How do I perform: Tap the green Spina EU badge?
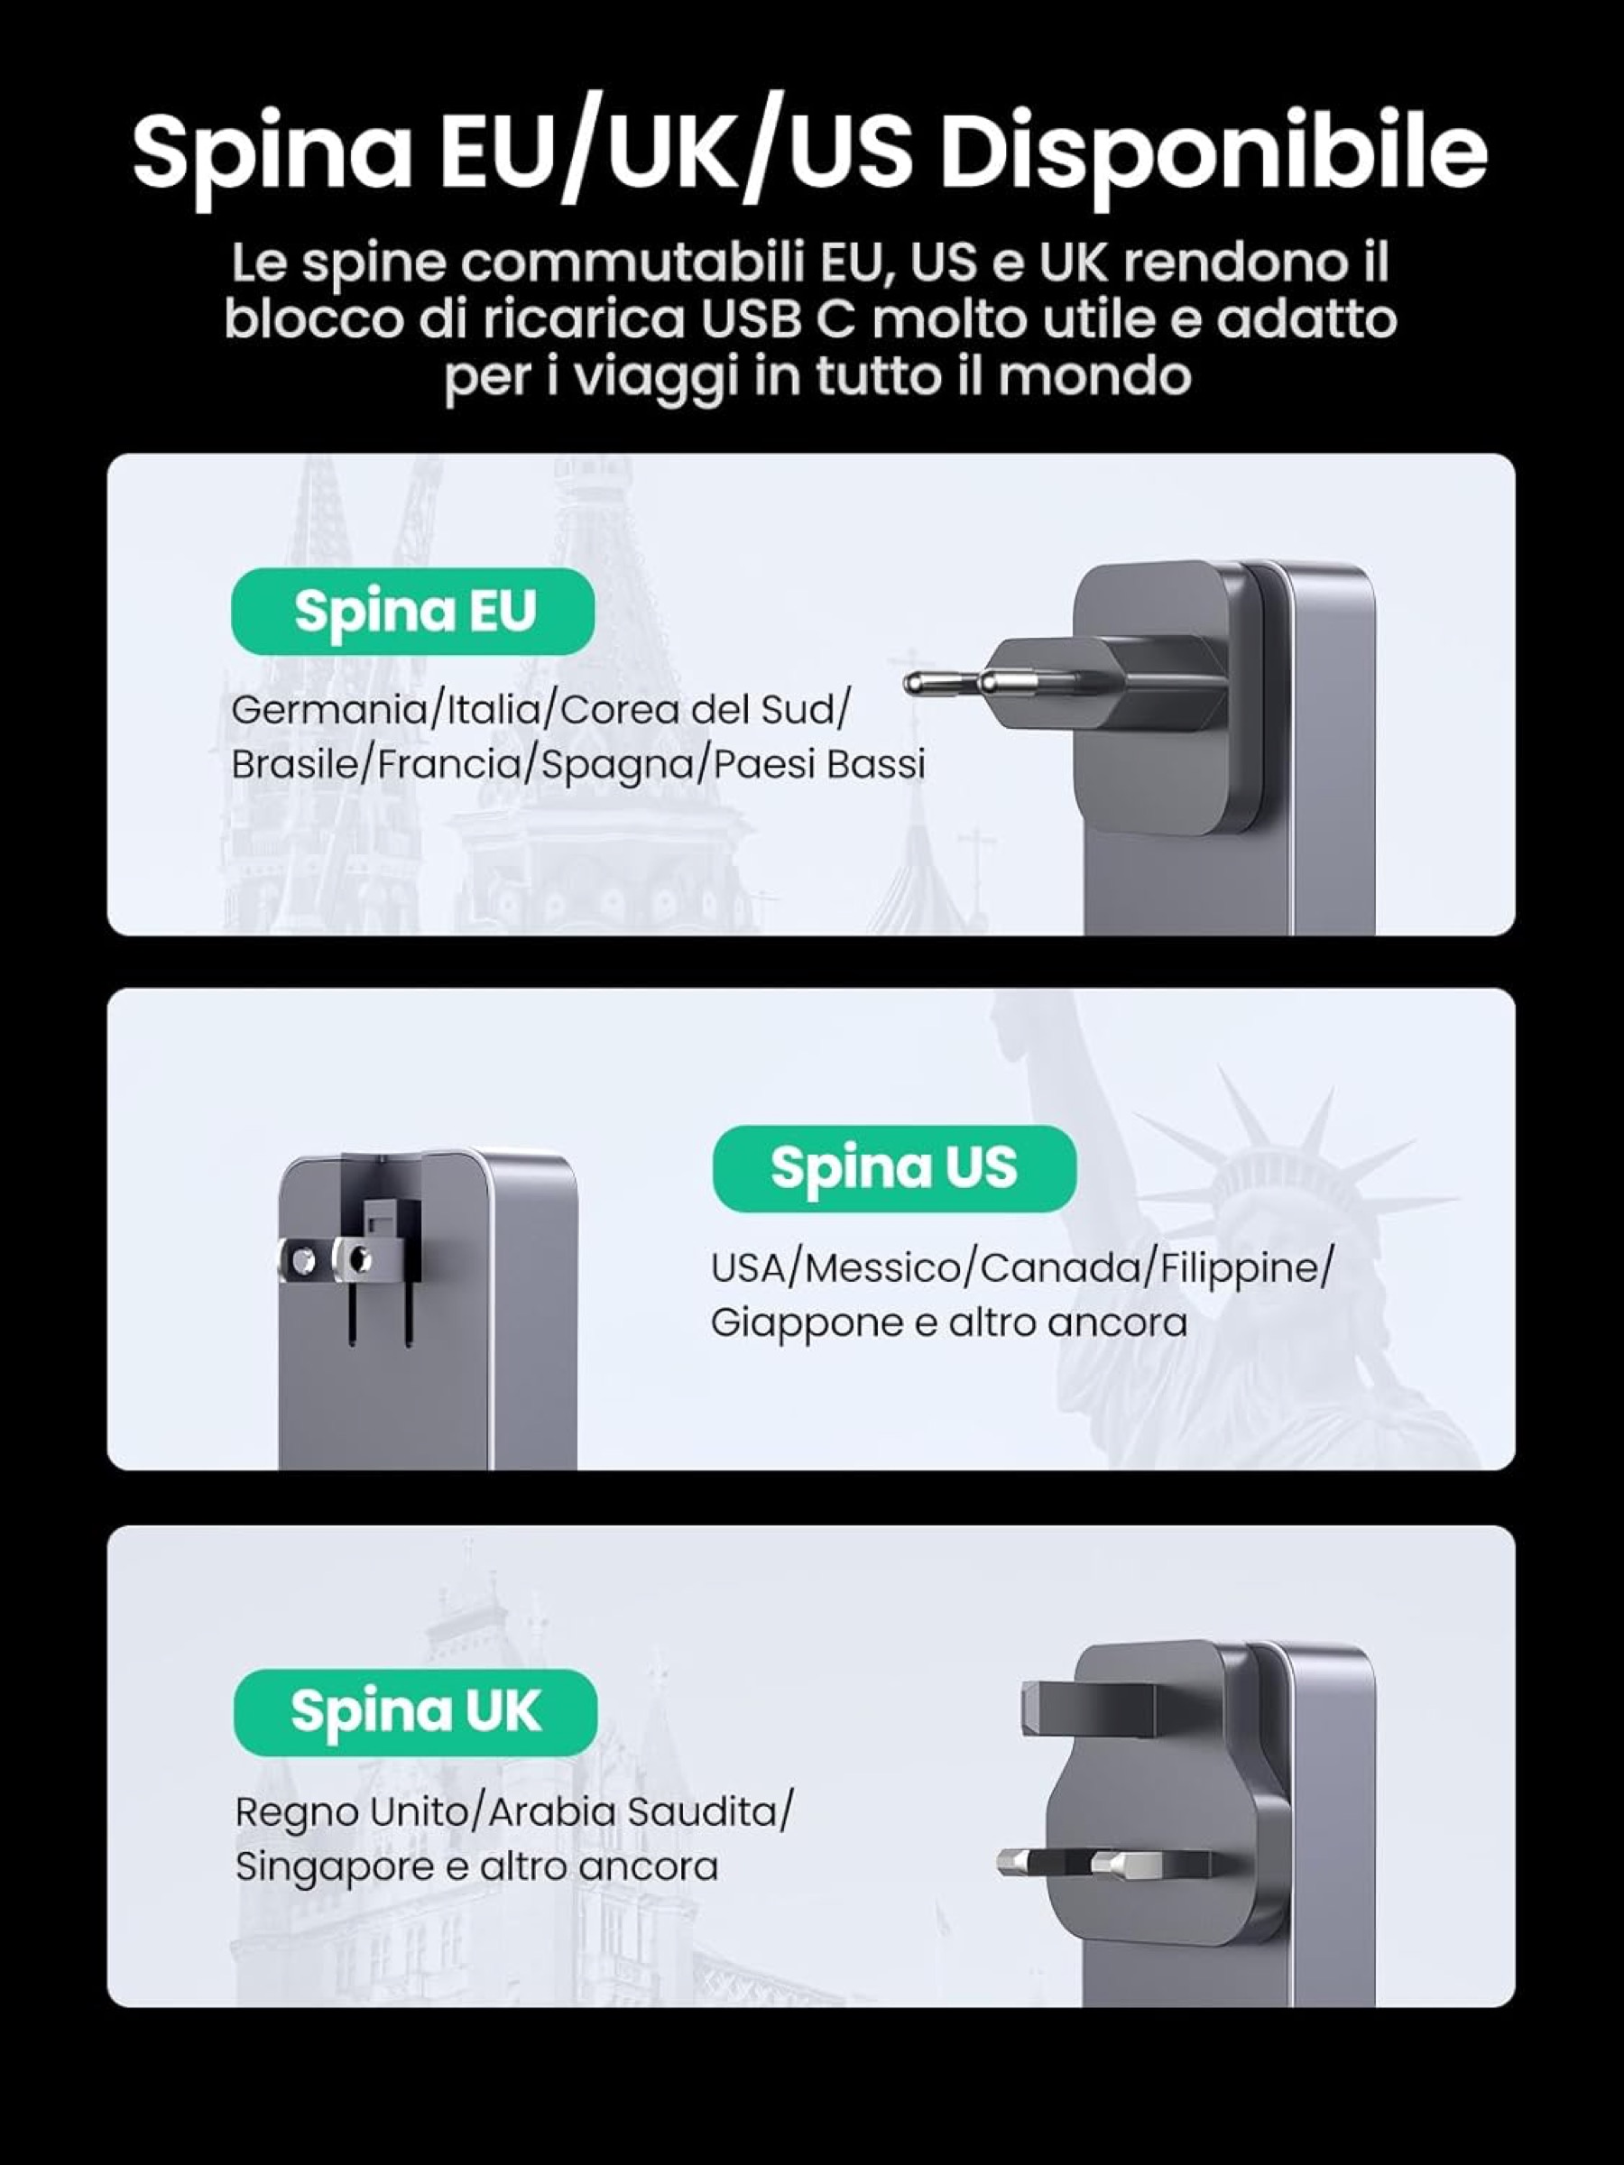point(413,611)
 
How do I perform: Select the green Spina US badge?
point(894,1167)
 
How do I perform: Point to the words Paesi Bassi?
point(818,764)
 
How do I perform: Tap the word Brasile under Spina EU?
point(296,764)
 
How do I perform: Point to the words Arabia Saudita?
point(633,1812)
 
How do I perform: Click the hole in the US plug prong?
point(361,1258)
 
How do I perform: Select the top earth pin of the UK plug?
point(1086,1708)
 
